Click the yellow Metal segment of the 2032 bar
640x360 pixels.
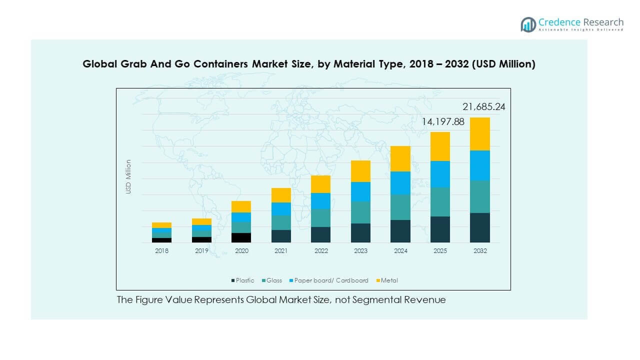pos(480,133)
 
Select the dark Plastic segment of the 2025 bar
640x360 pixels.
pos(440,229)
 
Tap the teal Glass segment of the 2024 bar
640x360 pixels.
pos(400,207)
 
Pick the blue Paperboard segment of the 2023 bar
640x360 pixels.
pos(360,191)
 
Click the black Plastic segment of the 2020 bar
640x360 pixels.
pos(241,237)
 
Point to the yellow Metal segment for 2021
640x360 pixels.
pos(281,195)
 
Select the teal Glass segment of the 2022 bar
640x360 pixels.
pos(321,217)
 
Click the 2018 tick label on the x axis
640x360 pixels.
pos(162,251)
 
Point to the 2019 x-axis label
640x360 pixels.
pos(201,251)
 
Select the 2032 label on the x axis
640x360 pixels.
pos(480,251)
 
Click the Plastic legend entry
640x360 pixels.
pos(243,280)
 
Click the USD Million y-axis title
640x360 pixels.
pos(128,176)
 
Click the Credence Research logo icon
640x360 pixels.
pos(528,24)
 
